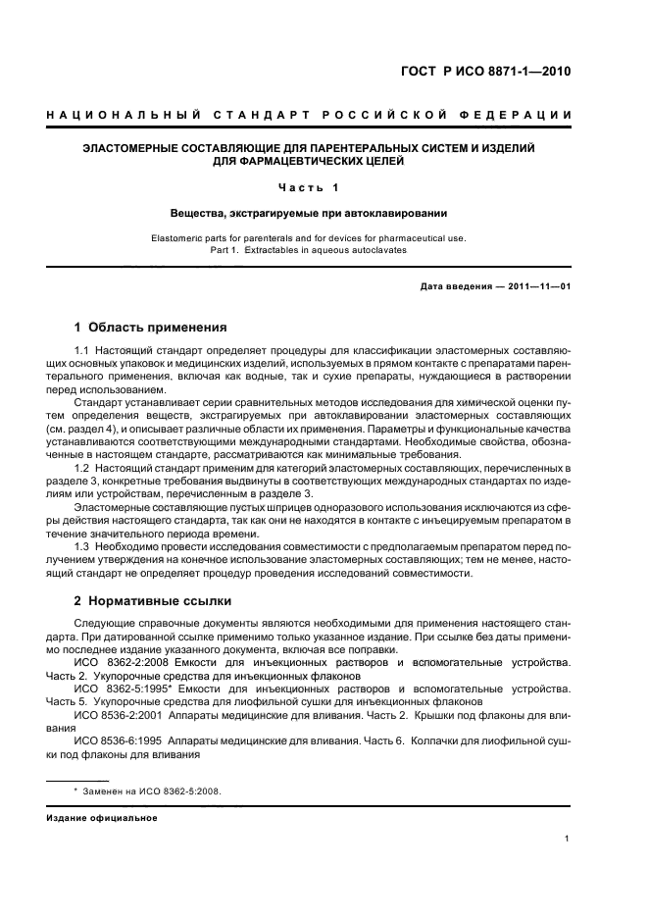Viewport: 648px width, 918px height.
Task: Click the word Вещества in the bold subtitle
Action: [196, 212]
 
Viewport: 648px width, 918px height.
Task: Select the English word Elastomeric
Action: [183, 238]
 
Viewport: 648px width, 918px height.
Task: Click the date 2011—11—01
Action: [536, 285]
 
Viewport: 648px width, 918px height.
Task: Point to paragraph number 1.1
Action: [83, 350]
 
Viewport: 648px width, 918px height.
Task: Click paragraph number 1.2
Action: [83, 469]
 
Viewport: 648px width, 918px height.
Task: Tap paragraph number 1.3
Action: [83, 545]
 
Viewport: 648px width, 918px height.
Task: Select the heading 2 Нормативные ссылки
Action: [153, 599]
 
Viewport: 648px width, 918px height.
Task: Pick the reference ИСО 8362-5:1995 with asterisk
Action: [125, 689]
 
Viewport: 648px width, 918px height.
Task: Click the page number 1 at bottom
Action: [568, 839]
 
